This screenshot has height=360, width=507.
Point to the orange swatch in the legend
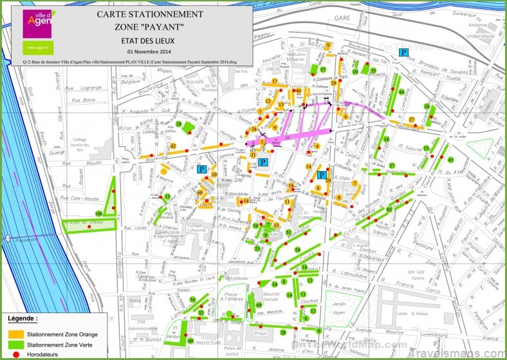click(x=15, y=334)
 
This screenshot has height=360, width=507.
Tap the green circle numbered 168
click(x=98, y=213)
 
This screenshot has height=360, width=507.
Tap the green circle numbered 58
click(x=297, y=249)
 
